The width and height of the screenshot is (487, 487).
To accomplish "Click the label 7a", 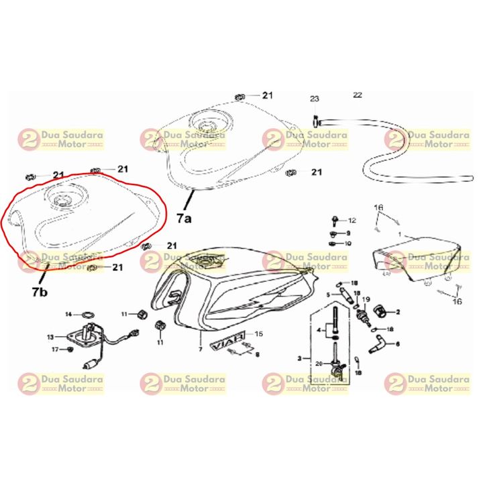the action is (x=184, y=219).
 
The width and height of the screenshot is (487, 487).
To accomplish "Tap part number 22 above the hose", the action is (x=357, y=95).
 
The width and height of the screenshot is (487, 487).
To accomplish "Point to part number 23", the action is (x=315, y=99).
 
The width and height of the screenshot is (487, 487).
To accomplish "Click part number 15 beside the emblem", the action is (x=259, y=333).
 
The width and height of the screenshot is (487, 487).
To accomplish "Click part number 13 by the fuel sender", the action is (x=50, y=337).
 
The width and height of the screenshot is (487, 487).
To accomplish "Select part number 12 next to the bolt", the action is (x=351, y=221).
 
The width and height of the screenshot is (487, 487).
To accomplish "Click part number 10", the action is (x=347, y=243).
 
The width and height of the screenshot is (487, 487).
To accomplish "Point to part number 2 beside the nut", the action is (x=397, y=312).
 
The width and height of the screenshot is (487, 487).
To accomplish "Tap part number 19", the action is (x=366, y=301).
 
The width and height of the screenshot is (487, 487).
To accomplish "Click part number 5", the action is (x=329, y=294).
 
